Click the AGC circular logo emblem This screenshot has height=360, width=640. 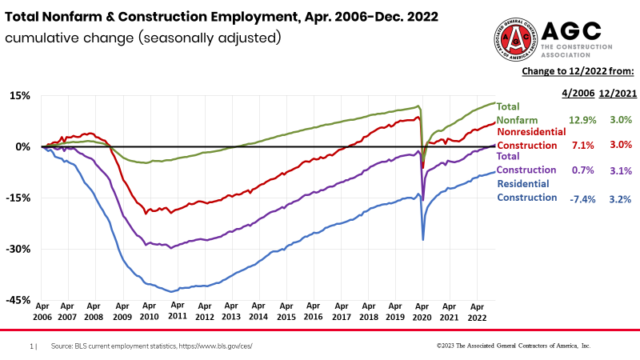click(x=518, y=37)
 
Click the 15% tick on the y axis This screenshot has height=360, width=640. click(x=20, y=95)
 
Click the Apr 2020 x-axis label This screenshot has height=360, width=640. click(x=422, y=311)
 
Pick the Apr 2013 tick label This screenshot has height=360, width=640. click(x=231, y=311)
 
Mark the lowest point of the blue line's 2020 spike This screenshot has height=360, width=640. click(x=422, y=239)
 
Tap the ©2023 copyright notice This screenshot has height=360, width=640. click(x=513, y=346)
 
